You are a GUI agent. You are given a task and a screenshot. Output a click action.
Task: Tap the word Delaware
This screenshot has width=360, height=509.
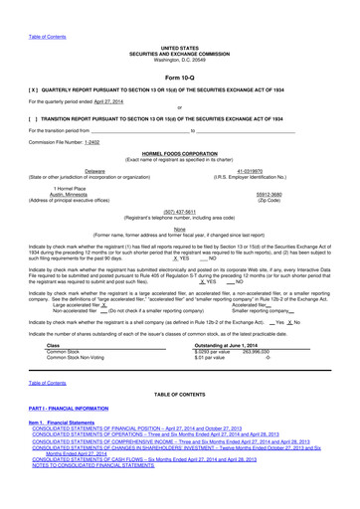(95, 171)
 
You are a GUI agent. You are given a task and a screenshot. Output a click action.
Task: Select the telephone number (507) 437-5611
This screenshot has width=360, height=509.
(179, 210)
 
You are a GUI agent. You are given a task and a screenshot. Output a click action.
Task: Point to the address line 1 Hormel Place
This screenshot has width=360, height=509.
(95, 188)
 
